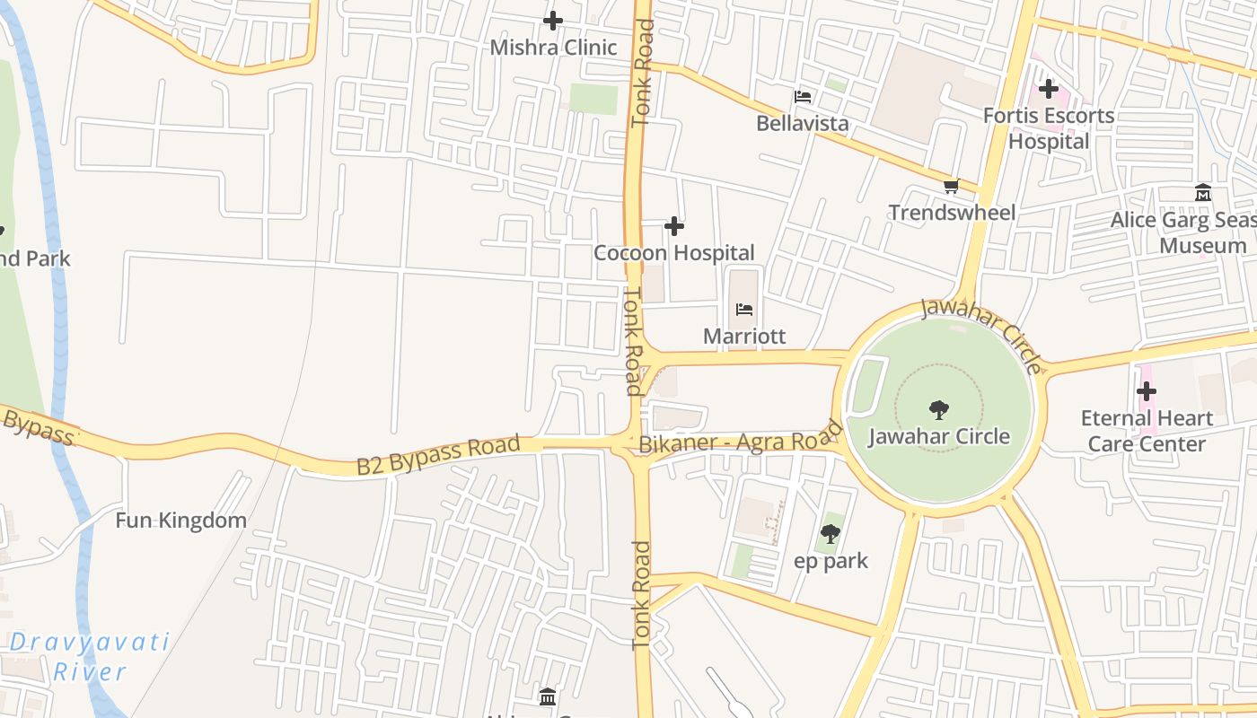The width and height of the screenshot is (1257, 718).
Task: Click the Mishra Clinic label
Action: [x=553, y=48]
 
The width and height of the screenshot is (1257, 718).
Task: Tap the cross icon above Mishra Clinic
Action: [x=553, y=20]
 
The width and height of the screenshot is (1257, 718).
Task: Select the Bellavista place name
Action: [x=802, y=123]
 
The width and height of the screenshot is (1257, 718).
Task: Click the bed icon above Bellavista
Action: [x=803, y=96]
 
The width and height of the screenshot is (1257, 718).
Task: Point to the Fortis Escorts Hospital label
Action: [x=1049, y=128]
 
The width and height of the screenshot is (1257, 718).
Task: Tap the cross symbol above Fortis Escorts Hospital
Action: [x=1049, y=89]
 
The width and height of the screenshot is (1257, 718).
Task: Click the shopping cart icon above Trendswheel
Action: [x=951, y=187]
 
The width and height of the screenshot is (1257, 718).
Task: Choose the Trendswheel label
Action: [x=952, y=213]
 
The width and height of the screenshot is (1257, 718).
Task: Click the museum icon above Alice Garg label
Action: [x=1203, y=192]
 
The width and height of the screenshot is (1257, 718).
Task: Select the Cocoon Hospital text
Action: [x=673, y=253]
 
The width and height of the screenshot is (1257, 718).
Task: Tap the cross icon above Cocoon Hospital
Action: [x=673, y=226]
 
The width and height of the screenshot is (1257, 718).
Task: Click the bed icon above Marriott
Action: [x=744, y=310]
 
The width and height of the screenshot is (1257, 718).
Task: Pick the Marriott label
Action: [x=744, y=337]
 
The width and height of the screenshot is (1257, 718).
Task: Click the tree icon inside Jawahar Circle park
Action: [x=939, y=410]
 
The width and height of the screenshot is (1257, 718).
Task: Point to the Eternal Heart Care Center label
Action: [x=1147, y=431]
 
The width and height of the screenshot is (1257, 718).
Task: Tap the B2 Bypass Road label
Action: [x=438, y=455]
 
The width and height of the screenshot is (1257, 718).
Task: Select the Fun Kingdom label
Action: [x=180, y=521]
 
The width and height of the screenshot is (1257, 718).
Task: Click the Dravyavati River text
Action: [x=90, y=656]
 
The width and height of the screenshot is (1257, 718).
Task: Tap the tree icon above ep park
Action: [x=831, y=534]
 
